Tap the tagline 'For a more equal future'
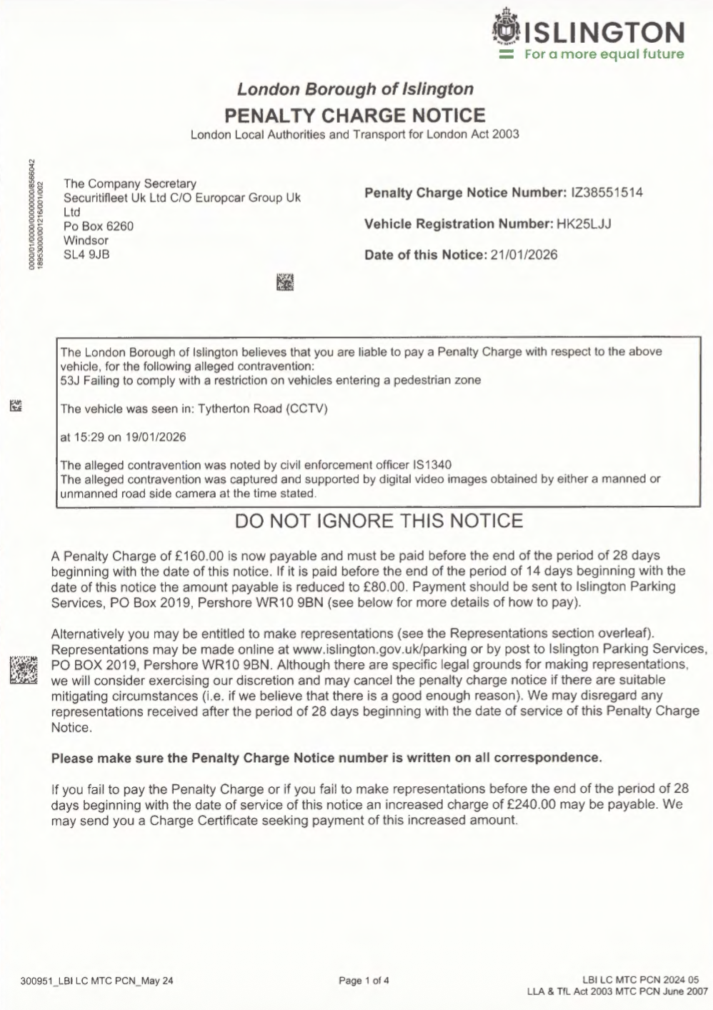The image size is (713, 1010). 604,54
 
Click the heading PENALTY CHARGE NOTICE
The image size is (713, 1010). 355,115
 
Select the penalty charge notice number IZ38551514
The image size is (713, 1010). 607,192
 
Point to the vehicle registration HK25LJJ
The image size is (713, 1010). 584,224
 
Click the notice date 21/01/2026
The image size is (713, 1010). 524,254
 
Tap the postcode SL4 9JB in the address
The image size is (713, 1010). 86,254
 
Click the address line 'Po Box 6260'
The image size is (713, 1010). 99,226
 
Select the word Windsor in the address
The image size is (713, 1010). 86,240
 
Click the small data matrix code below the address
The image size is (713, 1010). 285,282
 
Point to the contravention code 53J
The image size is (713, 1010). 70,380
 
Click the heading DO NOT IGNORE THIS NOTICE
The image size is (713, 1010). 379,521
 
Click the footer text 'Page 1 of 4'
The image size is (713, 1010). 364,980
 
